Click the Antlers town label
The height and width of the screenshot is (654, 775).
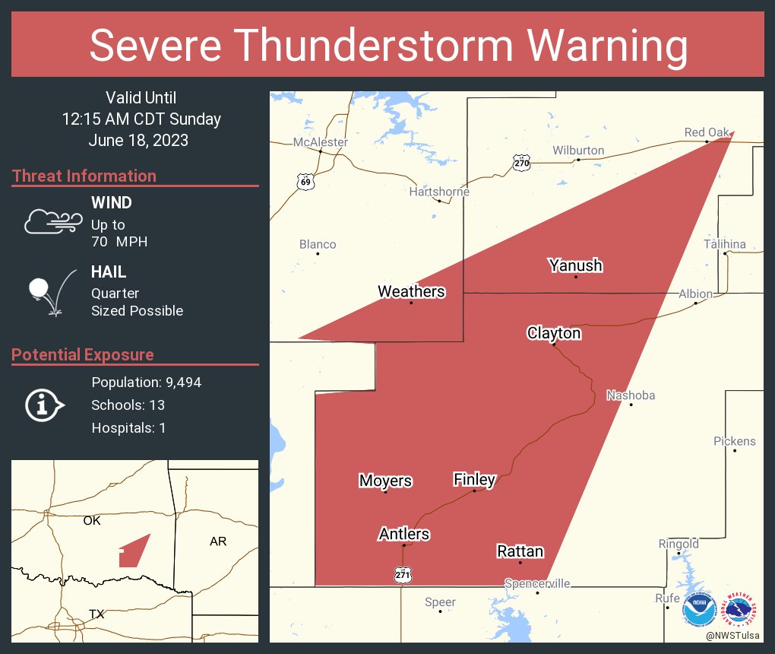coord(403,534)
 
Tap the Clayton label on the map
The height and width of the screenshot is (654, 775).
coord(554,333)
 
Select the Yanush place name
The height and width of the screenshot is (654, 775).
coord(575,265)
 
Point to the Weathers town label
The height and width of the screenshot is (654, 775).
coord(411,291)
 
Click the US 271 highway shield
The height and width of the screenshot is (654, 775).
coord(403,576)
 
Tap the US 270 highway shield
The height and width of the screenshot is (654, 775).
coord(521,163)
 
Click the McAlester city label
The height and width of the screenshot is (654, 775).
coord(321,142)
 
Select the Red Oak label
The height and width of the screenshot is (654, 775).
coord(707,132)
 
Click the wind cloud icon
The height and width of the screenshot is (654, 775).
coord(52,221)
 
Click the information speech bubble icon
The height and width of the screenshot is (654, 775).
coord(43,405)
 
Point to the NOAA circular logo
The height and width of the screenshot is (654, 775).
coord(699,609)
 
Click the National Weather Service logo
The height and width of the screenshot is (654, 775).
coord(741,609)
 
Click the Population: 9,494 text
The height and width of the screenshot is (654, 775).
coord(146,383)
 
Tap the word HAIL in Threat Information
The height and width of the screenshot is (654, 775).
coord(109,271)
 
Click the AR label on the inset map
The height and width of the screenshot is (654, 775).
coord(218,541)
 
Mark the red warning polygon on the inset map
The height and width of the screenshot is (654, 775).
coord(133,553)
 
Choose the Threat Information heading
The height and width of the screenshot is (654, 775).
coord(84,176)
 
